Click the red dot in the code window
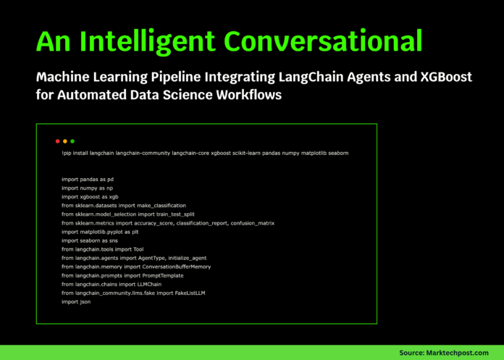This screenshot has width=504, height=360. coord(58,141)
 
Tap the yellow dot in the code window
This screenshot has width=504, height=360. coord(65,141)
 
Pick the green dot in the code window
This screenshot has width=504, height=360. coord(72,141)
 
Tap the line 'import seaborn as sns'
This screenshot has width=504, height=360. coord(91,240)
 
